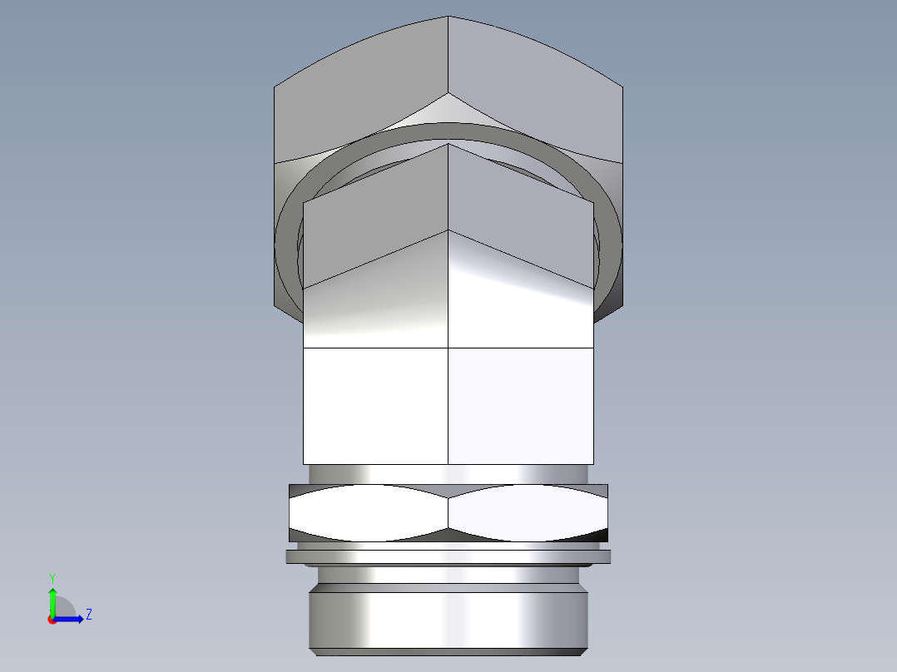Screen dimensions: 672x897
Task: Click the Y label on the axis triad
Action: click(x=52, y=577)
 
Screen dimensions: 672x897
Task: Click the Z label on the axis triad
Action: click(x=88, y=615)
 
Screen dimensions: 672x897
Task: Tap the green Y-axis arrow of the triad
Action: click(x=52, y=597)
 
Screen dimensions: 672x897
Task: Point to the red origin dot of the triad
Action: click(x=52, y=620)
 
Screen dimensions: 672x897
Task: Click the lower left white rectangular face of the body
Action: click(x=374, y=405)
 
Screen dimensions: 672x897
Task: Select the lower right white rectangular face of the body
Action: click(x=521, y=405)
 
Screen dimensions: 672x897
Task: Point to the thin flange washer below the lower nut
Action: click(x=448, y=556)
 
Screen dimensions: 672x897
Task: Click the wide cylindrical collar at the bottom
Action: click(x=448, y=620)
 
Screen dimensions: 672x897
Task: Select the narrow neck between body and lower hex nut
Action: click(x=448, y=473)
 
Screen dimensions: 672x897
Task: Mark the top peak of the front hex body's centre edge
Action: click(x=448, y=145)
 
